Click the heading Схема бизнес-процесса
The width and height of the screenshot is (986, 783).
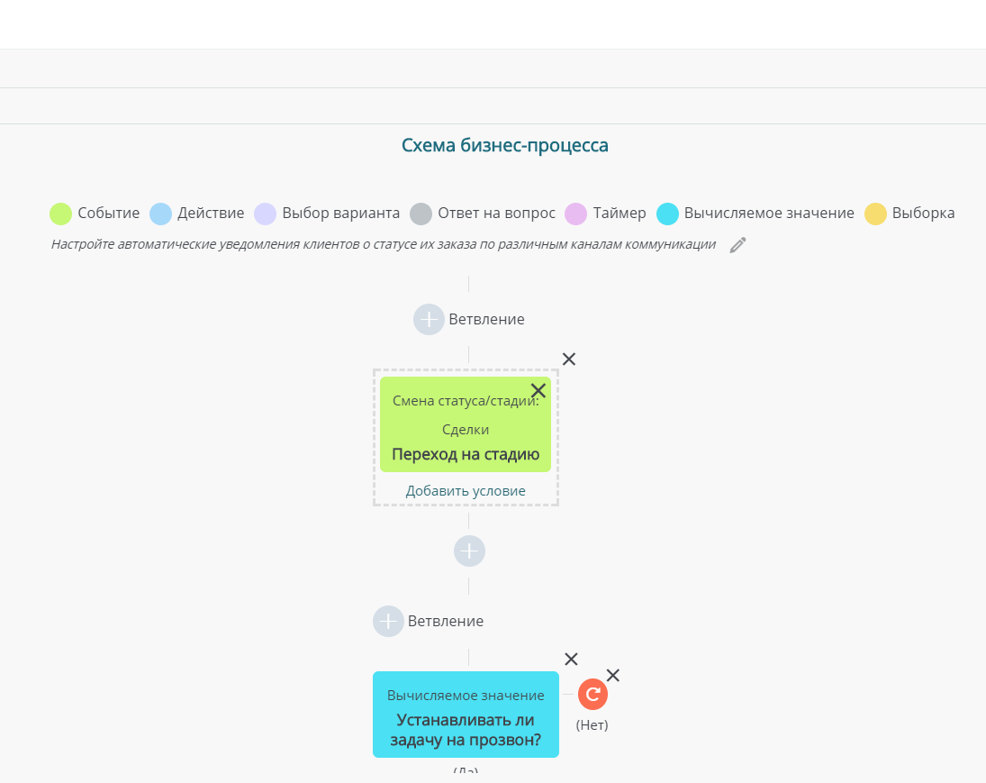click(505, 145)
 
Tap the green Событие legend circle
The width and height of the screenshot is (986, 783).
click(61, 214)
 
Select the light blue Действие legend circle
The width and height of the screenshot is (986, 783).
click(160, 214)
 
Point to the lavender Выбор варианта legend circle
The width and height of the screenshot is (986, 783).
click(266, 214)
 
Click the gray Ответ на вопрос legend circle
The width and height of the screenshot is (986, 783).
click(421, 214)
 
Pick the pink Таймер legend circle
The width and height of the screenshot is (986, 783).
click(575, 214)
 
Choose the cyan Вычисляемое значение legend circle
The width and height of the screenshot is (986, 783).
click(667, 214)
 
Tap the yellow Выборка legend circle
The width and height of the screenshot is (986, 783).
click(875, 214)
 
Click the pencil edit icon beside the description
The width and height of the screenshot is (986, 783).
click(737, 245)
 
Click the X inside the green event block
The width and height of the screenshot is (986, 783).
click(538, 391)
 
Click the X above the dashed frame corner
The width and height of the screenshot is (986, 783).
click(569, 359)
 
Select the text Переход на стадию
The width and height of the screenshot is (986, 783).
click(466, 454)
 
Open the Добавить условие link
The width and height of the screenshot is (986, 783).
click(466, 491)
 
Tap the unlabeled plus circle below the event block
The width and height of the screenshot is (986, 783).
click(469, 551)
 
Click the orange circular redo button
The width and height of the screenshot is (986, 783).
click(593, 695)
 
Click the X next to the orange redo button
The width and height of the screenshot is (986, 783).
click(613, 676)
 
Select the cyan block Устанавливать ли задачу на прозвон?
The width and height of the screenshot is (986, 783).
click(466, 715)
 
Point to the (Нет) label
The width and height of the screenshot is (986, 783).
click(593, 725)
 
